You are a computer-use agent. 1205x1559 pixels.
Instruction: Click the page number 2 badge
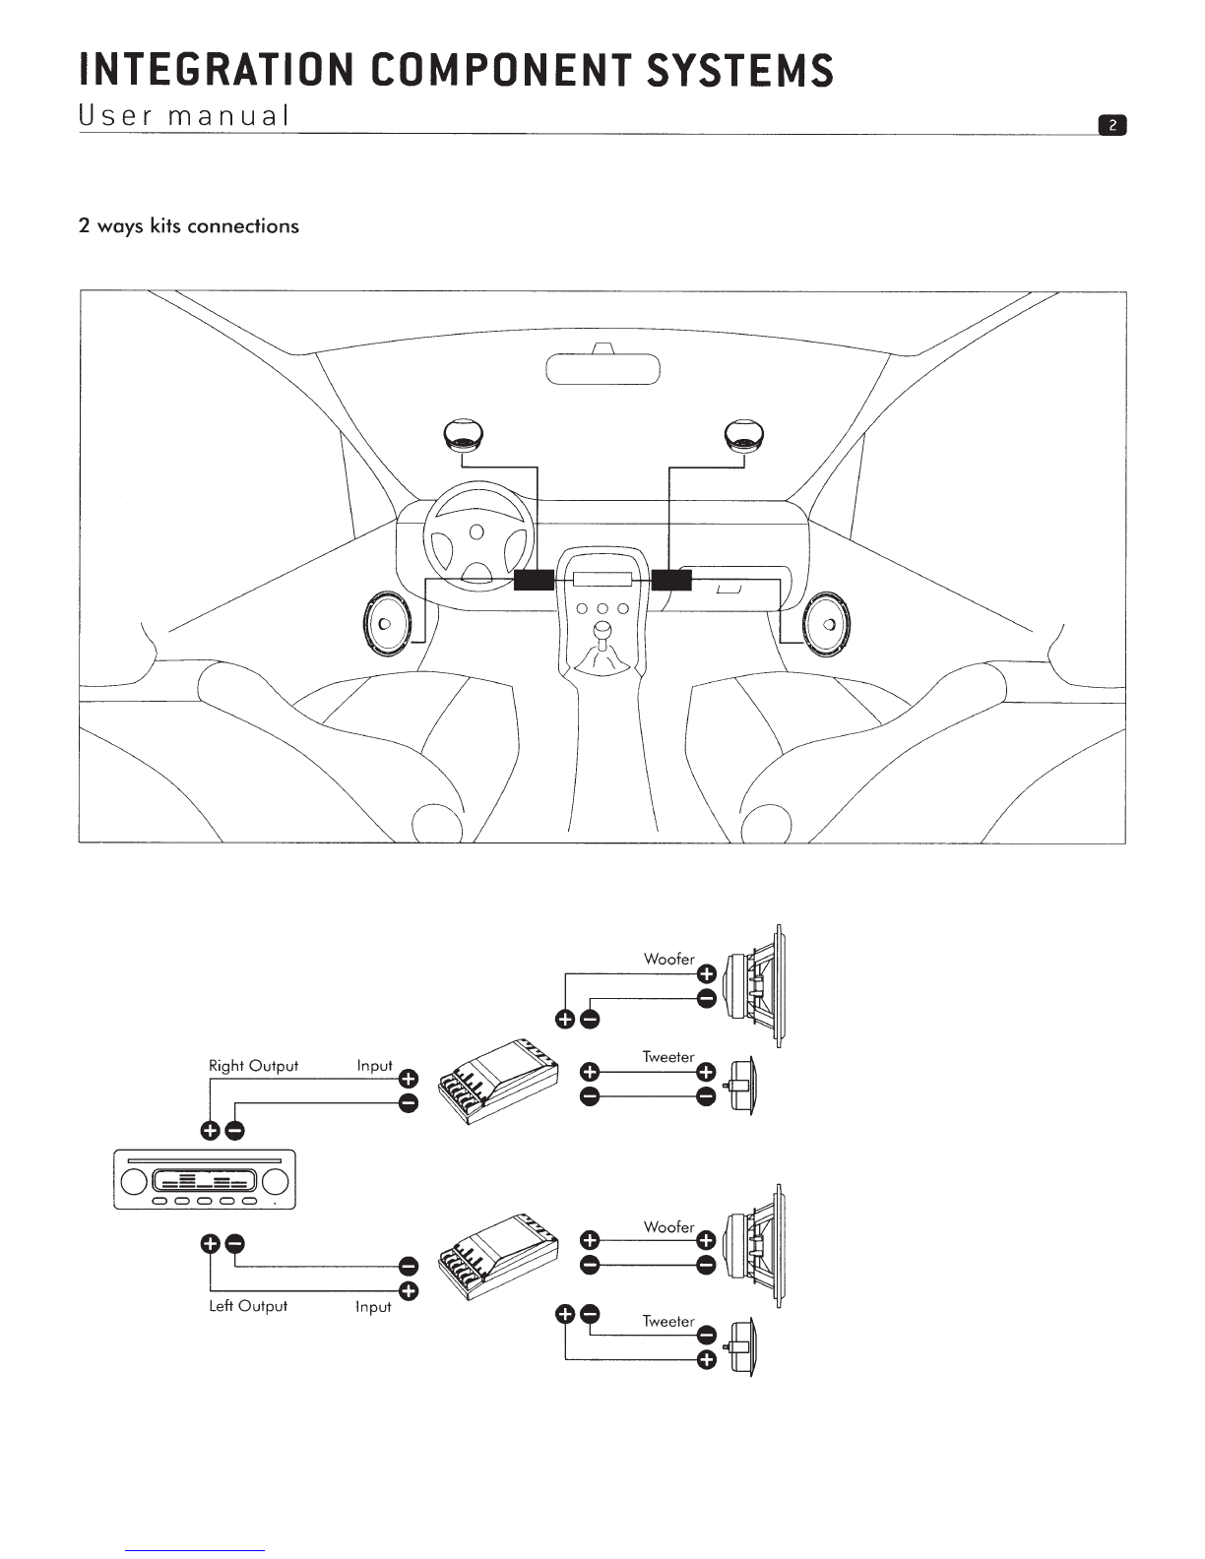tap(1111, 126)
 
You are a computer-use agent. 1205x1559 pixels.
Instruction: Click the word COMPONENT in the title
tap(502, 70)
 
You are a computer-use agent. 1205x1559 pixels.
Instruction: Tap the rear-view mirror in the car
tap(602, 368)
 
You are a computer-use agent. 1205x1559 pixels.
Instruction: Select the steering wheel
tap(478, 534)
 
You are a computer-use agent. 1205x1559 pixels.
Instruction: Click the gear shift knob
tap(602, 632)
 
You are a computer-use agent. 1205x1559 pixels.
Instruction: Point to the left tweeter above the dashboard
tap(463, 433)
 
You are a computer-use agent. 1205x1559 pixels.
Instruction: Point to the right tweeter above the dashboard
tap(744, 433)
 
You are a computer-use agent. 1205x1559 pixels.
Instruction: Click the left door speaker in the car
tap(387, 623)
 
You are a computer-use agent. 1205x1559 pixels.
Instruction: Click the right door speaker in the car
tap(827, 623)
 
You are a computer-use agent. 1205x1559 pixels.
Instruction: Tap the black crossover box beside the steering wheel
tap(534, 580)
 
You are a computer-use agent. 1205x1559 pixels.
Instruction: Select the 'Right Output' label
tap(253, 1066)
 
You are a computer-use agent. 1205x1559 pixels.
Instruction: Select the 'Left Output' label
tap(248, 1306)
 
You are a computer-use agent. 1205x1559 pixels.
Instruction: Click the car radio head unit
tap(205, 1179)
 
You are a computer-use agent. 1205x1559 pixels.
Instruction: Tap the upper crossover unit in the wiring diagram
tap(498, 1082)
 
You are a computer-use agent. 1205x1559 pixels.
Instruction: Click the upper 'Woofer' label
tap(668, 960)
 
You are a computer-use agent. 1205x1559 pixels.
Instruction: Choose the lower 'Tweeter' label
tap(668, 1321)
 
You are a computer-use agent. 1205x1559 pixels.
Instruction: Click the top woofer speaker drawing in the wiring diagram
tap(753, 986)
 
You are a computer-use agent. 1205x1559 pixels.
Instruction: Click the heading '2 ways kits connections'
tap(189, 226)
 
